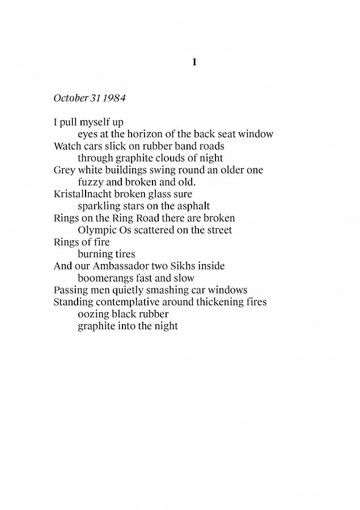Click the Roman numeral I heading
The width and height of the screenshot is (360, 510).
point(194,62)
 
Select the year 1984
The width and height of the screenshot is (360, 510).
point(115,98)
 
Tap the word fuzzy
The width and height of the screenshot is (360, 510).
point(90,182)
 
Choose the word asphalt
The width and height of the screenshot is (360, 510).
point(191,206)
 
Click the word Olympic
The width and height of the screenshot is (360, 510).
point(96,230)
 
